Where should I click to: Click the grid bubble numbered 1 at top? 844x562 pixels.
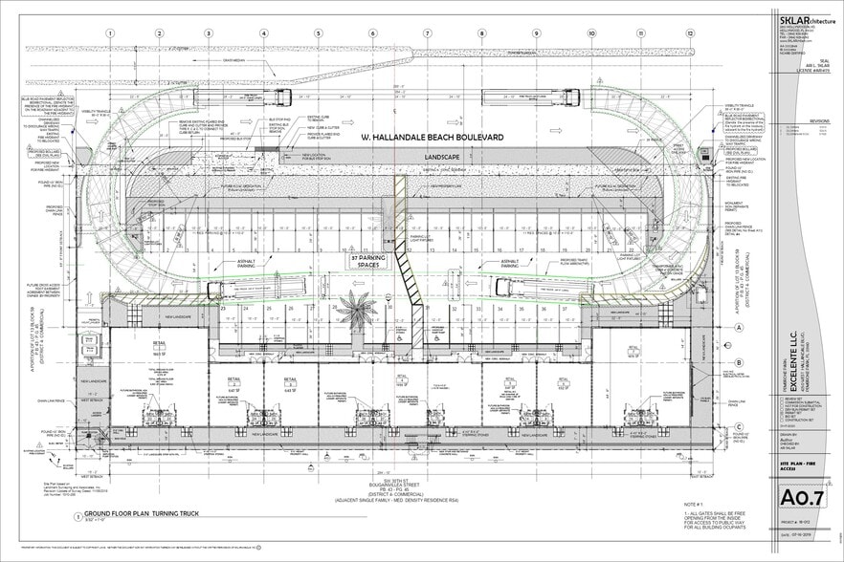tap(110, 32)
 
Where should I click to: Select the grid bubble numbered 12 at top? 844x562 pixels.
tap(689, 32)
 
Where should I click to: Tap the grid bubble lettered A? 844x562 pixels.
tap(739, 327)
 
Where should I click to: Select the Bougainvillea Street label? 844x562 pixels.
tap(388, 484)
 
